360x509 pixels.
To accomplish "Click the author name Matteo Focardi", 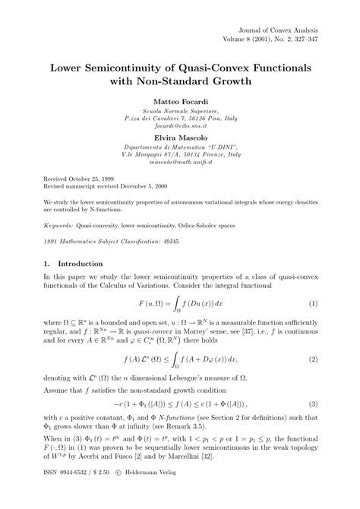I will (179, 100).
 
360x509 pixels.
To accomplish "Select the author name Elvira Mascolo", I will (179, 138).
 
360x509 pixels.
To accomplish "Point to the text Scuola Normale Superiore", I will (179, 111).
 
